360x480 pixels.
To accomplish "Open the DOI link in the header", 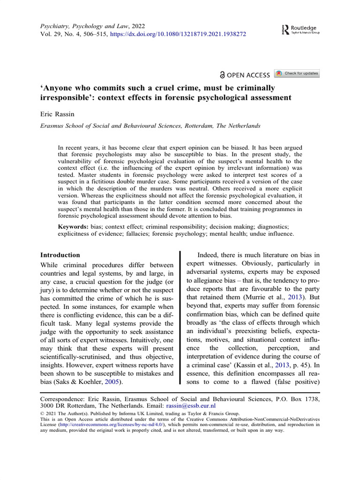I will pyautogui.click(x=178, y=35).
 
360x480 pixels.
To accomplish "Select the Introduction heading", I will pyautogui.click(x=60, y=255).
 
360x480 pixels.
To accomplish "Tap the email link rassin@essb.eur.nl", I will pyautogui.click(x=190, y=405).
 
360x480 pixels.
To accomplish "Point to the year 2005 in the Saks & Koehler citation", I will pyautogui.click(x=118, y=382).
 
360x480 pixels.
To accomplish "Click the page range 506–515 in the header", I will pyautogui.click(x=93, y=35).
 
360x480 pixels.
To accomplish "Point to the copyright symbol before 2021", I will pyautogui.click(x=42, y=413).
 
